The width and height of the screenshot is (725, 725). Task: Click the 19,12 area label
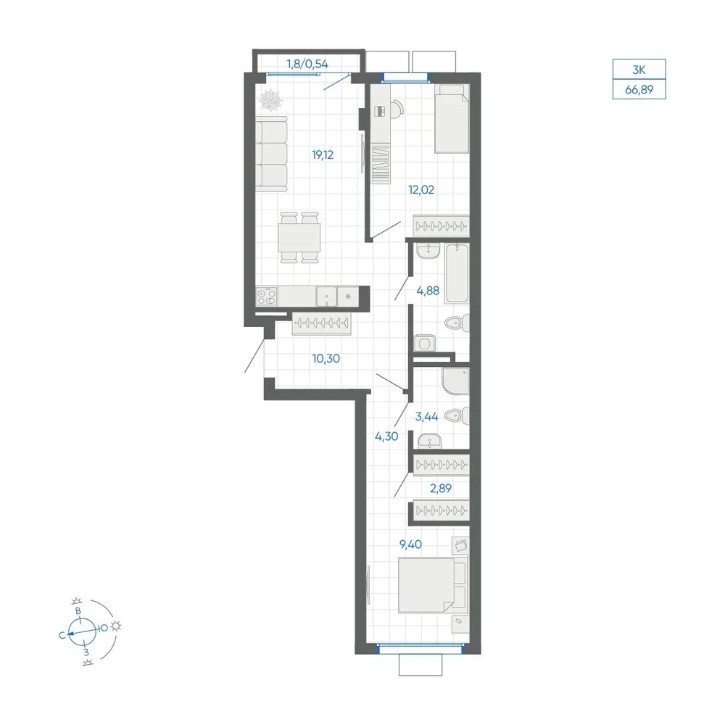click(323, 155)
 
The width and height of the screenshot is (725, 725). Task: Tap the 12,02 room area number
click(421, 189)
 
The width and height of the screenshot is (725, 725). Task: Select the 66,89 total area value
click(639, 89)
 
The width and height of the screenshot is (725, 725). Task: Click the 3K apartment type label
click(639, 70)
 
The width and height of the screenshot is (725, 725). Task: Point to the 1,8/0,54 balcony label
click(307, 64)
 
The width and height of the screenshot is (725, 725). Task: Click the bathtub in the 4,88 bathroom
click(457, 274)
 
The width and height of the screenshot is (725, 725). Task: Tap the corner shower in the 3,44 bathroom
click(455, 381)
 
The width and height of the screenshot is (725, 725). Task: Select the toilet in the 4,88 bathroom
click(457, 323)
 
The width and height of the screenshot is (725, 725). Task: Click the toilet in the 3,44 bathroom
click(457, 415)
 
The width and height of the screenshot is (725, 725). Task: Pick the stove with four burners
click(267, 297)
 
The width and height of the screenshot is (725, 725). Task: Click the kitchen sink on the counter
click(326, 297)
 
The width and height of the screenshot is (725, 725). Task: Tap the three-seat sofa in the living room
click(271, 154)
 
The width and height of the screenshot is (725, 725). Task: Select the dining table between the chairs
click(299, 238)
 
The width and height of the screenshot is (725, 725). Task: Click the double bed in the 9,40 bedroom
click(433, 585)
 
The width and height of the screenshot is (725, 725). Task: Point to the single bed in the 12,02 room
click(452, 118)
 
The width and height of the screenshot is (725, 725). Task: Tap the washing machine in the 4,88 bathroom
click(424, 344)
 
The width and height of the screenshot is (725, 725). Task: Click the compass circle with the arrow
click(83, 631)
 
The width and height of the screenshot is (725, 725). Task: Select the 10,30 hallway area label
click(326, 358)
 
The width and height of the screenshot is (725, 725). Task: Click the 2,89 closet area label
click(441, 488)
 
